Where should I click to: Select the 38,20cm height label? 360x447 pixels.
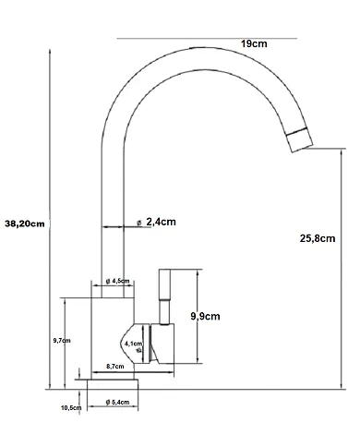tap(25, 223)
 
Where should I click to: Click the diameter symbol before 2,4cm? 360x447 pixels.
tap(138, 223)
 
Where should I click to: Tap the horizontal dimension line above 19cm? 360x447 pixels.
tap(208, 38)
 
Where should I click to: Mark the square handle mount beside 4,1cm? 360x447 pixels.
tap(162, 344)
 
